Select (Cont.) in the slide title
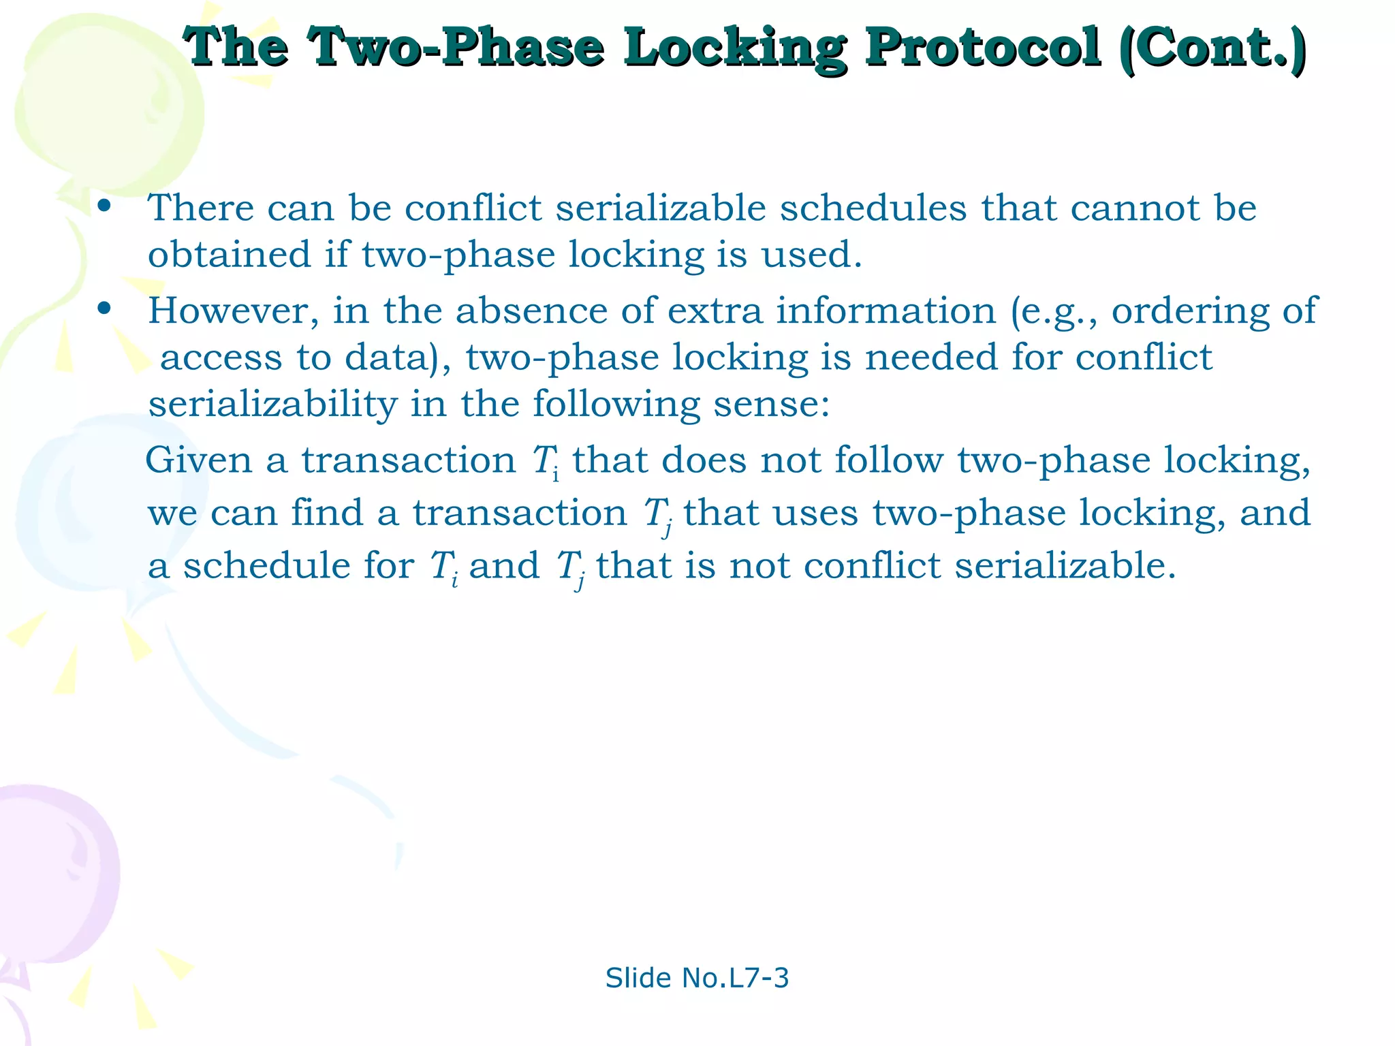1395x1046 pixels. (x=1212, y=48)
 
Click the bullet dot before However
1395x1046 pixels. (x=104, y=308)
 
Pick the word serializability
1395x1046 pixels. (x=272, y=405)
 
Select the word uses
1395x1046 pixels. (x=816, y=513)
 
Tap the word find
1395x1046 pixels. (x=327, y=513)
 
